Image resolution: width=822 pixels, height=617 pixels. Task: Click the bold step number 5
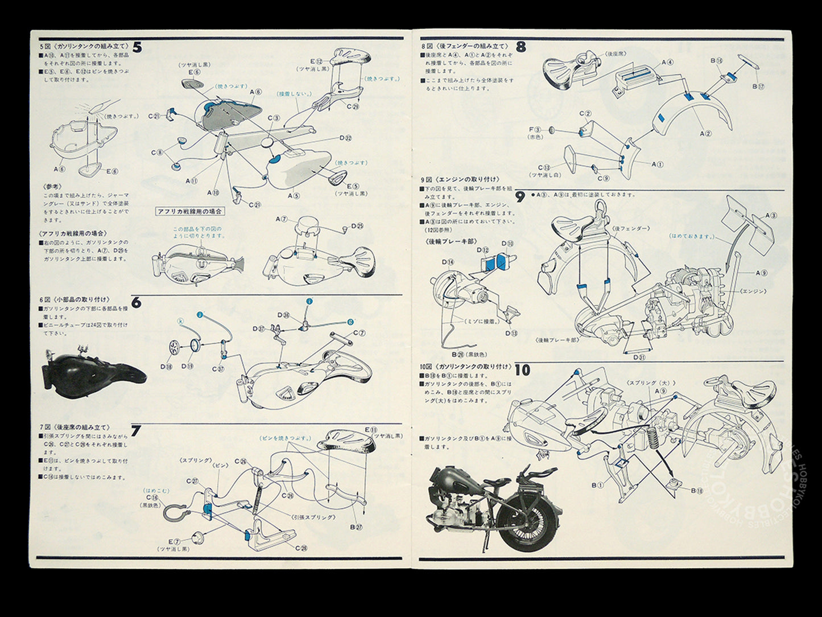coord(137,47)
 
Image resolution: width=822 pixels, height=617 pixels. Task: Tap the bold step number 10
coord(522,371)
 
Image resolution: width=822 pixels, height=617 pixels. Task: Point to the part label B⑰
coord(758,87)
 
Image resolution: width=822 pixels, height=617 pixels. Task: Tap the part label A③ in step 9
coord(771,216)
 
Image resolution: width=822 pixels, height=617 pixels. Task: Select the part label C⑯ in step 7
coord(152,497)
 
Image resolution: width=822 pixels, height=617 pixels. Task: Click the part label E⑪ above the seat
coord(371,429)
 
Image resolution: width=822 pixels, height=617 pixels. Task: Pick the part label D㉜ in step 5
coord(345,138)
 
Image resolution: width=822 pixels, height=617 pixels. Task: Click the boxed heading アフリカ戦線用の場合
coord(190,211)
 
